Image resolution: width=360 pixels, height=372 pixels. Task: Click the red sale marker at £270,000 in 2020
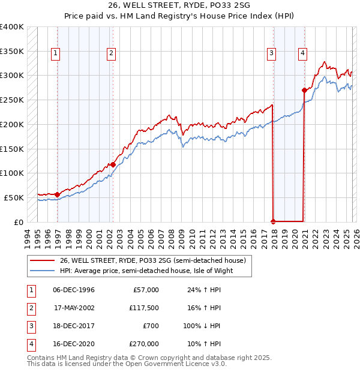coord(304,91)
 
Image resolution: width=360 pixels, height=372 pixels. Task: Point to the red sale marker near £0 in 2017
coord(274,221)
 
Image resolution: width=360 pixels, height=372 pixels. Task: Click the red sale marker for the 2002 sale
coord(112,164)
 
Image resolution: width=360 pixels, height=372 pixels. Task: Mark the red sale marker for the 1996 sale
coord(57,194)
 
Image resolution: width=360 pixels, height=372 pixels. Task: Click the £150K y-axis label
coord(12,149)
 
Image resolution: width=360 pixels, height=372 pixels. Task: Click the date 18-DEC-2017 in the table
coord(74,326)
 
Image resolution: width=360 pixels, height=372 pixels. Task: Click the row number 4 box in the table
coord(29,344)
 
